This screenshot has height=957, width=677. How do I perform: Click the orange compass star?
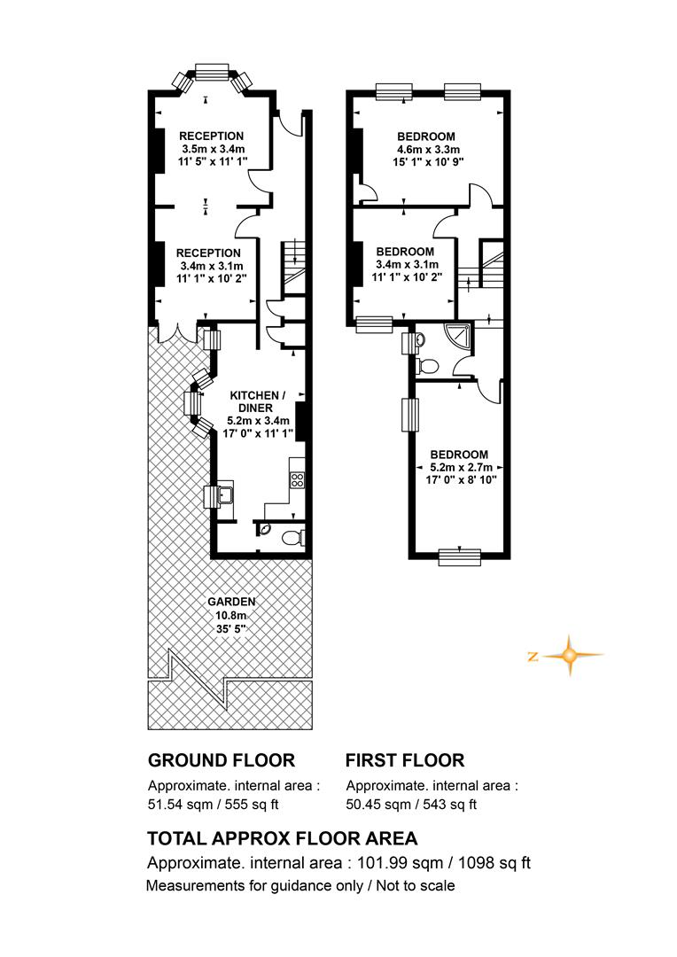point(569,656)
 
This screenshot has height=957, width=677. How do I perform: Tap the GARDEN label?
point(231,602)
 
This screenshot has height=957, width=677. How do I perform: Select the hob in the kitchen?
point(297,479)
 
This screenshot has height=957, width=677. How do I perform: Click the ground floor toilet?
point(293,538)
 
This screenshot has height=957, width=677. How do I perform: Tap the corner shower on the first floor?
point(460,336)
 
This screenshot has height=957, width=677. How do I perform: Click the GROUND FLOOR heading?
point(222,760)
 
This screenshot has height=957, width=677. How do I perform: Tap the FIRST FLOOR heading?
point(405,760)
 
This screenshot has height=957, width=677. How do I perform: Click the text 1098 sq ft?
point(494,863)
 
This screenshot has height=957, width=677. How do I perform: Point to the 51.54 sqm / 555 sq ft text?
point(213,805)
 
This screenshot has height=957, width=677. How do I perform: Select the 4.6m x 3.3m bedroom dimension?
point(425,150)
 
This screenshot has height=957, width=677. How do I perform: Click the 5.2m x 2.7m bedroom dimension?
point(461,468)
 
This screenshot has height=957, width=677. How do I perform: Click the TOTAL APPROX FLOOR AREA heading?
point(283,838)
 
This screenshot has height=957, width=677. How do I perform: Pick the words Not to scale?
point(415,885)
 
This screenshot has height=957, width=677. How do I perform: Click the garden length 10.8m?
point(230,615)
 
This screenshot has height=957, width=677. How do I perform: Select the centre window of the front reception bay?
point(212,71)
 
